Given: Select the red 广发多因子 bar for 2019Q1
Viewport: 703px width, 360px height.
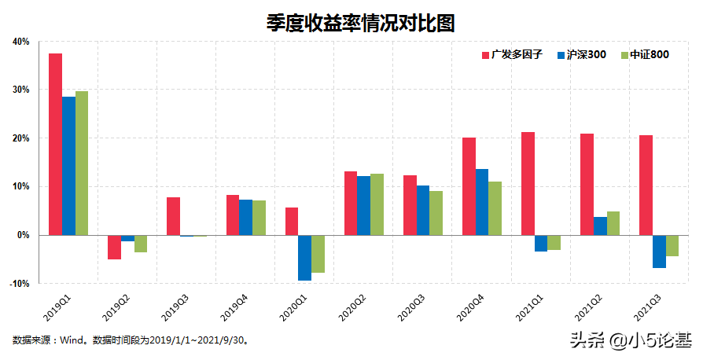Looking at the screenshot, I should point(56,144).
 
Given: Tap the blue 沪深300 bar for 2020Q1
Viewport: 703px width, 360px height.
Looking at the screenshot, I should point(304,258).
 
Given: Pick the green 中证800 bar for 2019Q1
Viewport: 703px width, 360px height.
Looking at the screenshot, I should point(82,163).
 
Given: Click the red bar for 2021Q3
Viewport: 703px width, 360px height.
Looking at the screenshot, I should point(646,185).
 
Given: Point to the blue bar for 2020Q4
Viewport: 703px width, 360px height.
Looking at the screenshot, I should point(482,202).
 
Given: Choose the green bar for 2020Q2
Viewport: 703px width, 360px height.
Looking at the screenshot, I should point(377,204).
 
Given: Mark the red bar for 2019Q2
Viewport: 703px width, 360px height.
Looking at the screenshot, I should point(115,247).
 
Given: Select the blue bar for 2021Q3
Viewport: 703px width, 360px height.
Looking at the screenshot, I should point(659,252).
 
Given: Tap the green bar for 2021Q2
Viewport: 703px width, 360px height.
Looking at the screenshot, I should point(613,223).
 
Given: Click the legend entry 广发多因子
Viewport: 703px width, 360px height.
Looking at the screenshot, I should point(512,55).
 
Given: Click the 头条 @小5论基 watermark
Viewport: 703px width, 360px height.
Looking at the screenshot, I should point(631,340).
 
